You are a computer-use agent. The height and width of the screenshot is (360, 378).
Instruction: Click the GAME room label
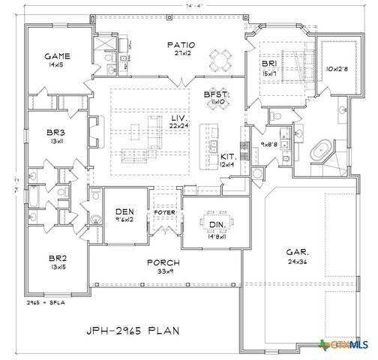click(52, 56)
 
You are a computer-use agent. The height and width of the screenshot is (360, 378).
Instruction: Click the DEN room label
click(124, 211)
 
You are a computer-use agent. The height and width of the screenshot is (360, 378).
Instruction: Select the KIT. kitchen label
click(228, 156)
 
